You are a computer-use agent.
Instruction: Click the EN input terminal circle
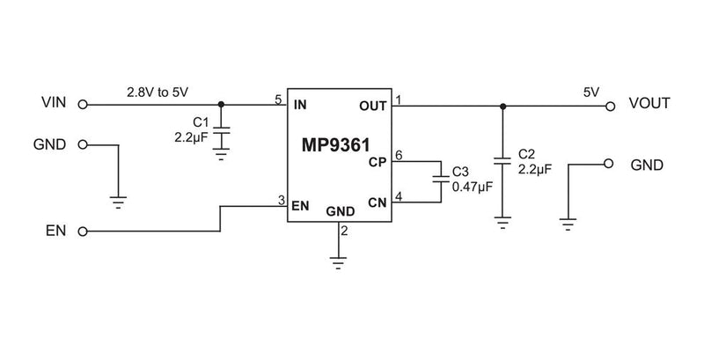pyautogui.click(x=83, y=232)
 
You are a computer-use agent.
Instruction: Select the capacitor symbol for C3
pyautogui.click(x=439, y=181)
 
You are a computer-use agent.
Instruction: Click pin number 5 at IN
pyautogui.click(x=279, y=99)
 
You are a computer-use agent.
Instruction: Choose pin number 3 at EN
pyautogui.click(x=280, y=201)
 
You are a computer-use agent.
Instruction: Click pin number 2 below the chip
pyautogui.click(x=344, y=231)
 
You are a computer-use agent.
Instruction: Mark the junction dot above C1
pyautogui.click(x=221, y=105)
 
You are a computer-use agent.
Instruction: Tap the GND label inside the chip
pyautogui.click(x=341, y=212)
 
